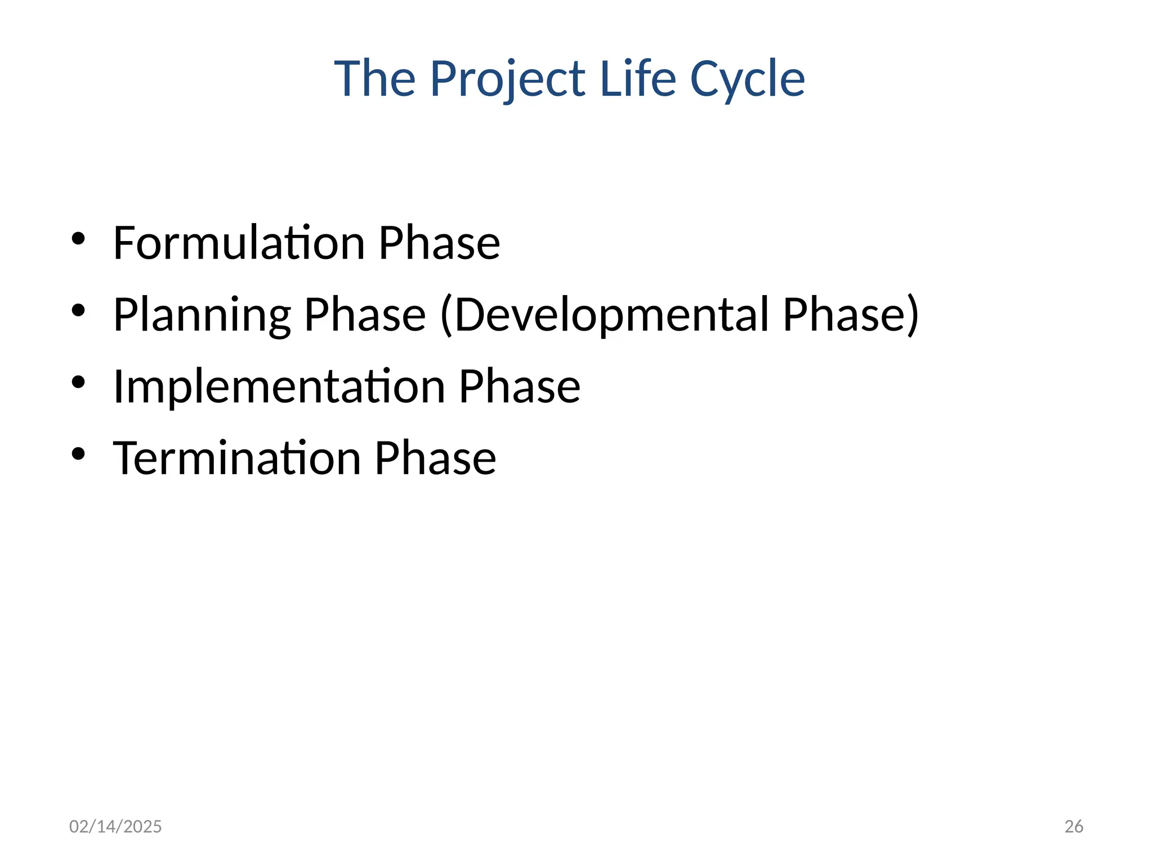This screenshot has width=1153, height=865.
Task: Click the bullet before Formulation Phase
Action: [78, 239]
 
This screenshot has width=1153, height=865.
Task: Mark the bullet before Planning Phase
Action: [78, 310]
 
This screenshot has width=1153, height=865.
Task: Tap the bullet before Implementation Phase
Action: [78, 382]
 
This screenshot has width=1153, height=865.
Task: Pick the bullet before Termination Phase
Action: [78, 454]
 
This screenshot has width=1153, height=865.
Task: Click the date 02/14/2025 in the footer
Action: [115, 826]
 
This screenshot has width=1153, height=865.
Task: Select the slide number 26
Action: [1074, 826]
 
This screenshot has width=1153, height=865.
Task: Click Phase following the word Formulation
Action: [439, 243]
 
